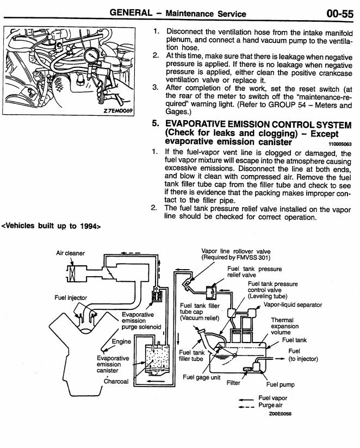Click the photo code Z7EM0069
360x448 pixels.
click(x=121, y=124)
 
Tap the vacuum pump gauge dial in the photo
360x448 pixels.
click(x=97, y=55)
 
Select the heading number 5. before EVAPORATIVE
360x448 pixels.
click(x=157, y=124)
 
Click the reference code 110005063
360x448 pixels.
click(x=340, y=145)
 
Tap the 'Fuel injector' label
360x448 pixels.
click(x=71, y=297)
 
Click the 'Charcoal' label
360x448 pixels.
click(x=116, y=381)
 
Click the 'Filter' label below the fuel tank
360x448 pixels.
click(x=233, y=382)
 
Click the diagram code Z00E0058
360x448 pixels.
click(x=281, y=414)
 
